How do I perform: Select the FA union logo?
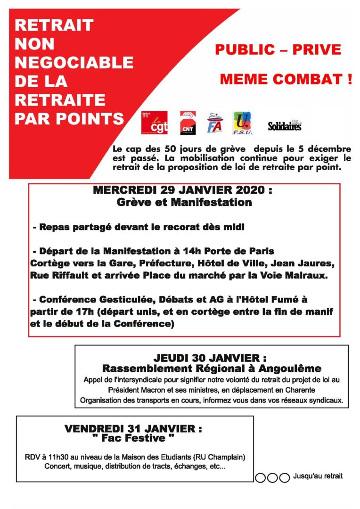(x=214, y=123)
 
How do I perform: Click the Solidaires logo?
(x=284, y=125)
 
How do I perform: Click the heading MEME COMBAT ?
(x=286, y=79)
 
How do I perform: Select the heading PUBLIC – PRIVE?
(x=278, y=49)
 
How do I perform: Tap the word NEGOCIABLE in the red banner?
(x=74, y=63)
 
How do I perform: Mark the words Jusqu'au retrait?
(x=318, y=476)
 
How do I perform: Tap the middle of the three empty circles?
(x=272, y=477)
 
